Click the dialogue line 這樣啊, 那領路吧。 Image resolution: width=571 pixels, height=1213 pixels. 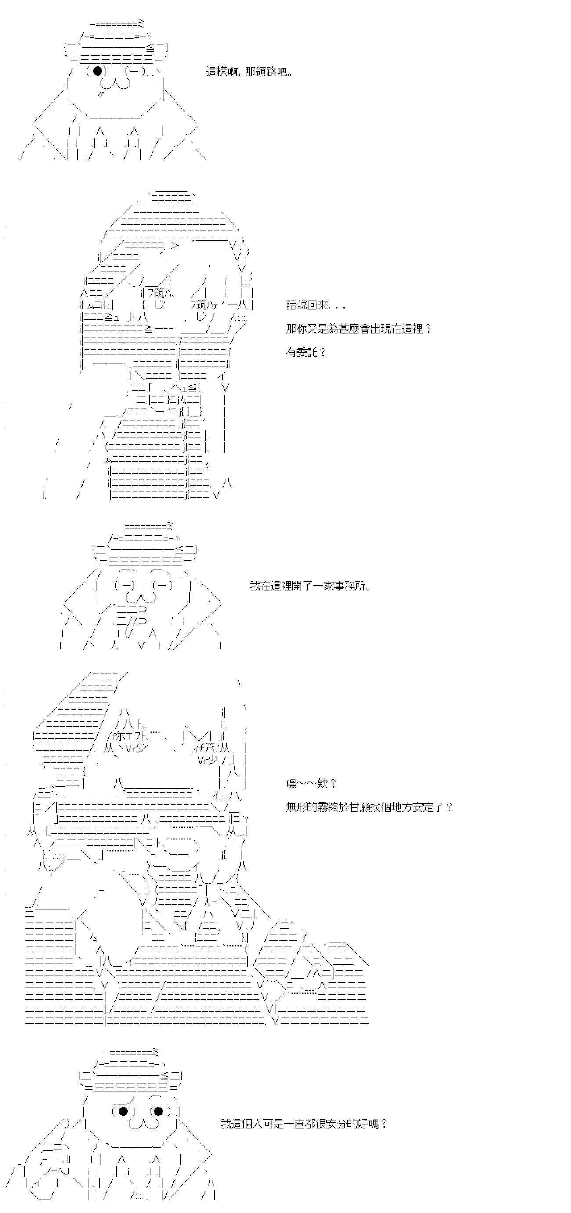point(249,72)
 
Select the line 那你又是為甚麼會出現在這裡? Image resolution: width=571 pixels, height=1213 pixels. point(358,329)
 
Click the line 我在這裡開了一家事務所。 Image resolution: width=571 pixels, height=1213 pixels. point(310,586)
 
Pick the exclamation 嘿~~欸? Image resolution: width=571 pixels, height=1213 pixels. point(311,784)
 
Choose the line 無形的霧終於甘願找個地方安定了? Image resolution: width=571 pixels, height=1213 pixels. point(369,807)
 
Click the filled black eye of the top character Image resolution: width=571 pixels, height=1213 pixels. point(98,71)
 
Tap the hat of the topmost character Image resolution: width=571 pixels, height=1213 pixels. point(116,42)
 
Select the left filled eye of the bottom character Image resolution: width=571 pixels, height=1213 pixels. point(123,1111)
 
